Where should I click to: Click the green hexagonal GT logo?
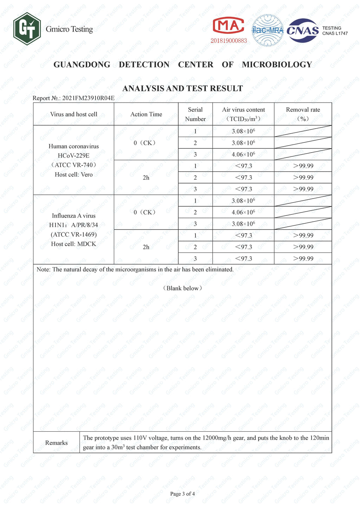pyautogui.click(x=27, y=29)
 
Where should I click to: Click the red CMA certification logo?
pyautogui.click(x=229, y=26)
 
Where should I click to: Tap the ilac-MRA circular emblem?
pyautogui.click(x=268, y=30)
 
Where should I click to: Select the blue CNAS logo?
pyautogui.click(x=303, y=30)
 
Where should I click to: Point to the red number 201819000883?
pyautogui.click(x=229, y=41)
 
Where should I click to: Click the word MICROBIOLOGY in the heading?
pyautogui.click(x=277, y=65)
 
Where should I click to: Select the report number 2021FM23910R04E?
pyautogui.click(x=88, y=98)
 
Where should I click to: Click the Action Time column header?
pyautogui.click(x=146, y=114)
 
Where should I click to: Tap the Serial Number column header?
pyautogui.click(x=195, y=114)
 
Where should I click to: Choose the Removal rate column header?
pyautogui.click(x=303, y=114)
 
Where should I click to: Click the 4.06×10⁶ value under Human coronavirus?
pyautogui.click(x=243, y=154)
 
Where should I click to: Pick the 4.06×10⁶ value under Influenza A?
pyautogui.click(x=243, y=212)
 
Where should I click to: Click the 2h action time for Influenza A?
pyautogui.click(x=146, y=247)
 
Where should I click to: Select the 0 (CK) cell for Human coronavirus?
pyautogui.click(x=144, y=143)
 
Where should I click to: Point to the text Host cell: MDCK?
pyautogui.click(x=73, y=244)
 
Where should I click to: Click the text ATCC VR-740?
pyautogui.click(x=73, y=165)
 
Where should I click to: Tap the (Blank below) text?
pyautogui.click(x=182, y=288)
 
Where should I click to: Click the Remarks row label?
pyautogui.click(x=56, y=443)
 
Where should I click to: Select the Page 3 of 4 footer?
pyautogui.click(x=182, y=494)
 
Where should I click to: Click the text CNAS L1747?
pyautogui.click(x=335, y=33)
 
